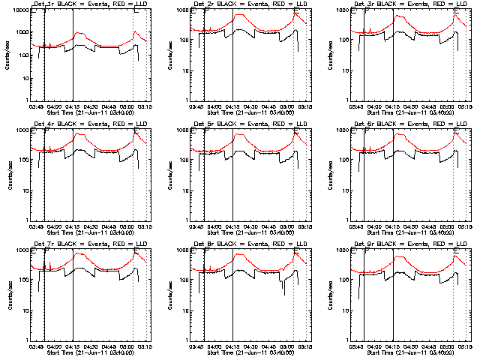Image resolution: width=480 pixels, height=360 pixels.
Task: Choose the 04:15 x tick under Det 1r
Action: click(x=73, y=106)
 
